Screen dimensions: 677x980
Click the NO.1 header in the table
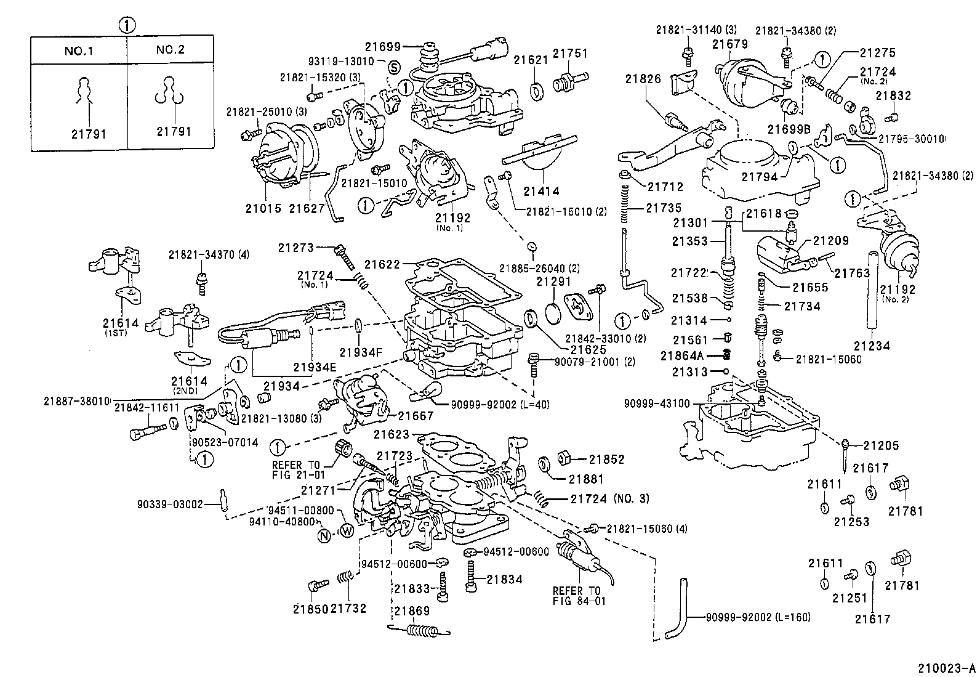coord(78,50)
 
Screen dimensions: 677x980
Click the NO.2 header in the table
coord(171,50)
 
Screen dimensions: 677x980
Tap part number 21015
coord(263,208)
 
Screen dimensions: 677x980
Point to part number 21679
coord(731,44)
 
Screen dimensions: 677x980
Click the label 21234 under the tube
coord(872,346)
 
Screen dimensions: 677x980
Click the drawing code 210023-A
coord(947,668)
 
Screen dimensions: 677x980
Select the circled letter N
coord(325,535)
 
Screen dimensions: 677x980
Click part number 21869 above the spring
coord(412,610)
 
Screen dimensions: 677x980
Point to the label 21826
coord(643,79)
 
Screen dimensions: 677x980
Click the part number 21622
coord(381,264)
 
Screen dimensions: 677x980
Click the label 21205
coord(881,445)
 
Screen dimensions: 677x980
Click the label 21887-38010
coord(77,401)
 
